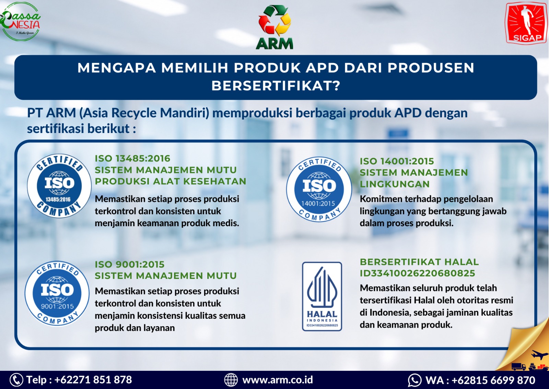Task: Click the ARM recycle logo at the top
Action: (x=274, y=27)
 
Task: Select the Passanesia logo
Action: (x=20, y=21)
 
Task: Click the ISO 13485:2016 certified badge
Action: (x=59, y=186)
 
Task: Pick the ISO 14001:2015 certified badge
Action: (x=319, y=189)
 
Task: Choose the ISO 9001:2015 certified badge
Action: (x=57, y=293)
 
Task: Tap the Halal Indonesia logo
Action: (x=322, y=296)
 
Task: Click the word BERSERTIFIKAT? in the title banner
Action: (x=276, y=86)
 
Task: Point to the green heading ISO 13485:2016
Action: (x=132, y=158)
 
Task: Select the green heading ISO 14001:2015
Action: (x=397, y=161)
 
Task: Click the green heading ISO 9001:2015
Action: (x=130, y=264)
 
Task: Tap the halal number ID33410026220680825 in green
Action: (x=417, y=273)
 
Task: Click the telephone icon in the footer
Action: (x=16, y=380)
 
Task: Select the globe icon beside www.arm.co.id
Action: (x=231, y=380)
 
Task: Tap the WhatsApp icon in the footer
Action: (x=415, y=380)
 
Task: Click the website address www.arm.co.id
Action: (x=278, y=380)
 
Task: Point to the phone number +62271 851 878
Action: (x=93, y=380)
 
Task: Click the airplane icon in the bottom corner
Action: (x=540, y=354)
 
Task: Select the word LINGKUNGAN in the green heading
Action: (x=395, y=184)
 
